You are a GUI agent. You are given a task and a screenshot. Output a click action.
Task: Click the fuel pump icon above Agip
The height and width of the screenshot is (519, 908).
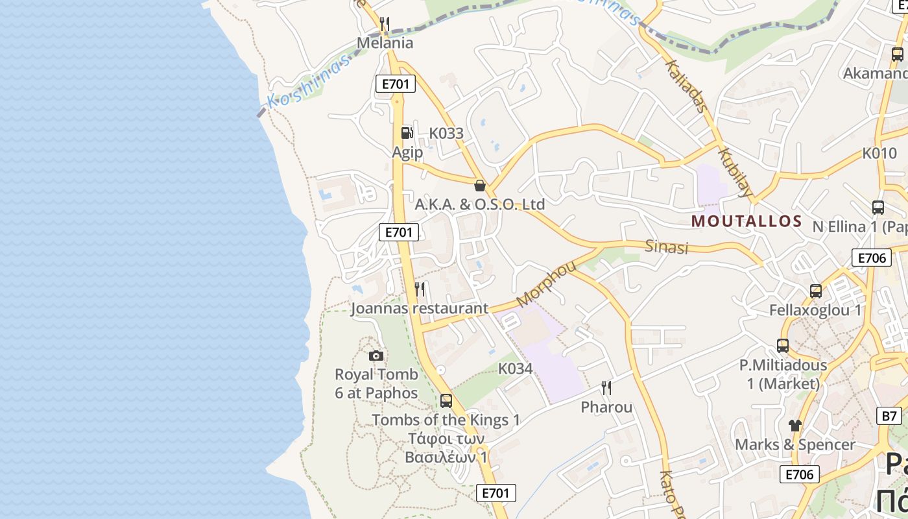coord(407,132)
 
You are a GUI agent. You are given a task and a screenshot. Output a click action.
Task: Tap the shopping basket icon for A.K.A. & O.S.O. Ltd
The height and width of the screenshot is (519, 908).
coord(480,186)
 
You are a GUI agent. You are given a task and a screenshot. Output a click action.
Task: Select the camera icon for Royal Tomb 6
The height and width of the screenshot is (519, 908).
coord(376,356)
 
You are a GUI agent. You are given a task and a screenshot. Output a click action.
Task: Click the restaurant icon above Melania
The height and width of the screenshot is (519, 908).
coord(385,24)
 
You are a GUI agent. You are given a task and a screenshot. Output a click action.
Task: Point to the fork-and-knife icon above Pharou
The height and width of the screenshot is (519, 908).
coord(606,388)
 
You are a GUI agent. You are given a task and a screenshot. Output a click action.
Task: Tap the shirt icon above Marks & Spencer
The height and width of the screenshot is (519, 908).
coord(795,426)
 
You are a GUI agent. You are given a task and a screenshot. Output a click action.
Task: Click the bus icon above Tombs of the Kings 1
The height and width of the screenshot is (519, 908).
coord(446,400)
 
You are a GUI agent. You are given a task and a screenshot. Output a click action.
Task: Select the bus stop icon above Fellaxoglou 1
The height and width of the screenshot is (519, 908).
coord(815,291)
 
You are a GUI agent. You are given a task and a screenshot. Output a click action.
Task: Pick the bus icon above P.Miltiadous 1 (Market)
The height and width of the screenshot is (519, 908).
coord(783,346)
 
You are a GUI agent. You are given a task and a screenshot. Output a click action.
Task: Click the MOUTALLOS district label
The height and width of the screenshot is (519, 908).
coord(747,221)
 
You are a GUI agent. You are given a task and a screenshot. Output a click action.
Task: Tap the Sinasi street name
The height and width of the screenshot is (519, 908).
coord(666,247)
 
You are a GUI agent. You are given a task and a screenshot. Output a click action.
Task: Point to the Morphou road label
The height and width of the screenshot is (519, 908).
coord(546,284)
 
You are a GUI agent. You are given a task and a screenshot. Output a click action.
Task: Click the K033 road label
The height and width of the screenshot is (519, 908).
coord(446,134)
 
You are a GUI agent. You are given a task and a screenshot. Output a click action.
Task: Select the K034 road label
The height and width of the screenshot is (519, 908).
coord(515,369)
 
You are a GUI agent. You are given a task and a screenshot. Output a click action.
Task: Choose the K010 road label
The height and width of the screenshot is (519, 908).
coord(879,154)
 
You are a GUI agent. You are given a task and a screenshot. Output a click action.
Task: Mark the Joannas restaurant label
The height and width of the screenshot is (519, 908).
coord(419,308)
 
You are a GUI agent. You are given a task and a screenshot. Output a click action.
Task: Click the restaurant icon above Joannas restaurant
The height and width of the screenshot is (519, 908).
coord(420,289)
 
